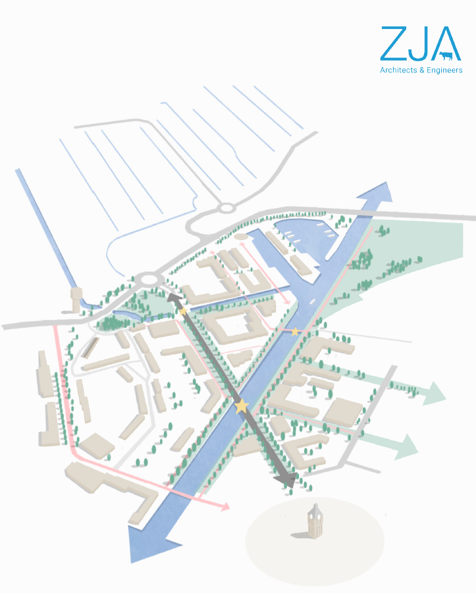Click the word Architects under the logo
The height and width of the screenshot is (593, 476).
(397, 70)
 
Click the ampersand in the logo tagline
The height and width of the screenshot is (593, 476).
(419, 70)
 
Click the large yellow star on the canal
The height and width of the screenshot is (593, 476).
(242, 406)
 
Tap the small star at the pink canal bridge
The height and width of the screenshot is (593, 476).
(296, 330)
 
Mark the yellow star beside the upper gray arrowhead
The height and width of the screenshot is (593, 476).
(183, 310)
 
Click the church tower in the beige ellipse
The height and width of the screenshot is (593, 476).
(316, 520)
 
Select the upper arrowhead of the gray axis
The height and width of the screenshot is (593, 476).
(174, 299)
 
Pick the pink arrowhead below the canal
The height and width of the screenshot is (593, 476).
(225, 507)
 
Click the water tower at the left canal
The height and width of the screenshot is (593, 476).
(76, 299)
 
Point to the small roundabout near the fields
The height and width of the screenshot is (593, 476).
(226, 209)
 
